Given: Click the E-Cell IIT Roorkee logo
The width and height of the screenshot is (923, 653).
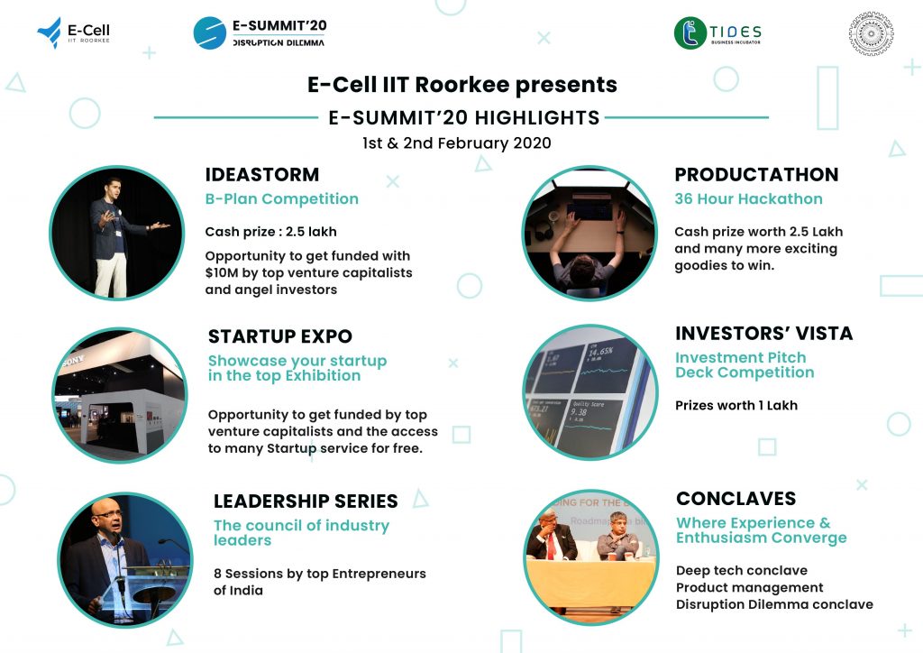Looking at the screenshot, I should pyautogui.click(x=74, y=33).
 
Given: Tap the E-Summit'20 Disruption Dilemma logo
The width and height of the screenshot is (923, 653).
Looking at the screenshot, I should pyautogui.click(x=260, y=32).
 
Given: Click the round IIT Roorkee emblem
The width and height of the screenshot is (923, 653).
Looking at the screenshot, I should pyautogui.click(x=871, y=33).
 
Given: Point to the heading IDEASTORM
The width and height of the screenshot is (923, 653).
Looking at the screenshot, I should pyautogui.click(x=261, y=175).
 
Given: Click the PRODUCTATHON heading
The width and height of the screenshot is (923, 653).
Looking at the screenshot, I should pyautogui.click(x=756, y=175).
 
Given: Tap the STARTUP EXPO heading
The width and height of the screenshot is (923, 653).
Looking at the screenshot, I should pyautogui.click(x=279, y=336).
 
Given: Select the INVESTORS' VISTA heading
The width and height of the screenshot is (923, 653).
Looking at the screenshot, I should pyautogui.click(x=763, y=334).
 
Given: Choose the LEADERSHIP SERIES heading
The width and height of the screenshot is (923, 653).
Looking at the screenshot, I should pyautogui.click(x=306, y=501).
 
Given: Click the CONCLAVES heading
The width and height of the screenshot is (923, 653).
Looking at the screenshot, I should pyautogui.click(x=736, y=499).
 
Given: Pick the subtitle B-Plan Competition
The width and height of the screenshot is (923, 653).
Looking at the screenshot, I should pyautogui.click(x=281, y=199).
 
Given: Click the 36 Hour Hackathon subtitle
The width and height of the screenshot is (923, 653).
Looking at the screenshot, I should pyautogui.click(x=748, y=199).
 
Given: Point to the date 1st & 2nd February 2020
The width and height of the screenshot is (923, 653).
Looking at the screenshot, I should pyautogui.click(x=456, y=143).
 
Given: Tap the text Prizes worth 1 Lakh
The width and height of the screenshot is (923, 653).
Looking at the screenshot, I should pyautogui.click(x=736, y=405).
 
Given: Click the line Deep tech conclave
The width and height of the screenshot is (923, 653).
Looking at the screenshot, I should pyautogui.click(x=741, y=571).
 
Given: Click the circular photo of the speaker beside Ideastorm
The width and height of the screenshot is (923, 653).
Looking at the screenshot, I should pyautogui.click(x=117, y=232).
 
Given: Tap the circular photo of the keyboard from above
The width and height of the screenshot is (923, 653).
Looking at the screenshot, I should pyautogui.click(x=589, y=232).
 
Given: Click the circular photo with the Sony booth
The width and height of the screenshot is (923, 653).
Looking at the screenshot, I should pyautogui.click(x=120, y=395).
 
